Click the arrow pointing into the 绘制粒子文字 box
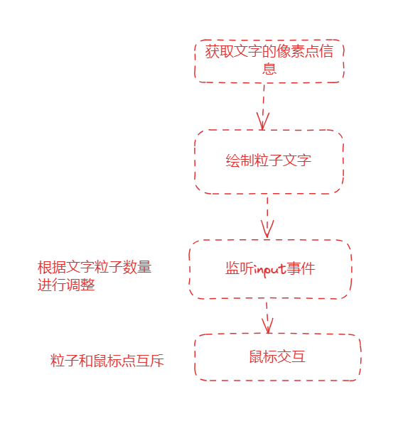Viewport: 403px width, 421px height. pyautogui.click(x=264, y=107)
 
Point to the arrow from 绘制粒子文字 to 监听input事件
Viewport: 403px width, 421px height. pyautogui.click(x=267, y=217)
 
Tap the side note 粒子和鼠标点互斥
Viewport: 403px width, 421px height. pyautogui.click(x=107, y=361)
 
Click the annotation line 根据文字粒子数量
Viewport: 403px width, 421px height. pyautogui.click(x=95, y=267)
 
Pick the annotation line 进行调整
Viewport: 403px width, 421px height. pyautogui.click(x=66, y=285)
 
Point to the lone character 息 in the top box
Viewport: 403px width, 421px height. pyautogui.click(x=269, y=68)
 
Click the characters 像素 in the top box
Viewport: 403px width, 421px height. pyautogui.click(x=291, y=51)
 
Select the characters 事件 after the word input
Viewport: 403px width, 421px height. pyautogui.click(x=301, y=268)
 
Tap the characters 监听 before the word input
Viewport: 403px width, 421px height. pyautogui.click(x=240, y=268)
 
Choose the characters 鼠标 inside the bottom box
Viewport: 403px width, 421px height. pyautogui.click(x=264, y=356)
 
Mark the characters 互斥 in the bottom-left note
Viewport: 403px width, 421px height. pyautogui.click(x=150, y=361)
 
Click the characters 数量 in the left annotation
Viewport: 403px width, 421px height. pyautogui.click(x=137, y=267)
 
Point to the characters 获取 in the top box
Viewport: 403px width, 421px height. pyautogui.click(x=219, y=51)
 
